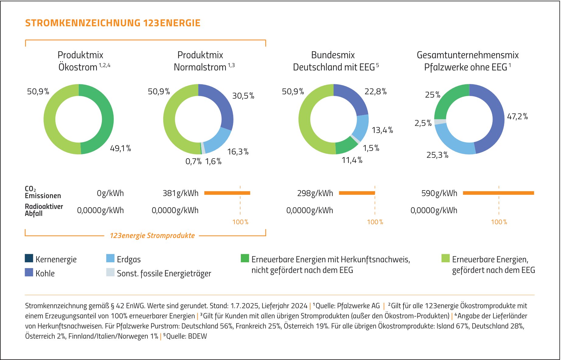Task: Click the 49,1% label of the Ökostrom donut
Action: [120, 149]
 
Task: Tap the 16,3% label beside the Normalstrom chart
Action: [238, 152]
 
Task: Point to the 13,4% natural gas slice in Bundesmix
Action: [361, 128]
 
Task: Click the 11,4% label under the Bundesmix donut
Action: [352, 160]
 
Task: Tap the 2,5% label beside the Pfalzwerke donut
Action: [423, 123]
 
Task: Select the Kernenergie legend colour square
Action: [29, 258]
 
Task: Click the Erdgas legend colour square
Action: [110, 258]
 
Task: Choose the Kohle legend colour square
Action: [29, 272]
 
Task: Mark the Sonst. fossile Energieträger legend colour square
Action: [110, 272]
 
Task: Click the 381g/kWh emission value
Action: [180, 193]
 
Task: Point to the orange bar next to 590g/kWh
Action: [498, 193]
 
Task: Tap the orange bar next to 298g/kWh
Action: [357, 193]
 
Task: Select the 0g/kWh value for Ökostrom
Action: [110, 193]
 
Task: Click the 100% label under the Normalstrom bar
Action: [240, 222]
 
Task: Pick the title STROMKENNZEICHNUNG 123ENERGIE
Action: [113, 23]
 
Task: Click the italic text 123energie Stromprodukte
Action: [152, 236]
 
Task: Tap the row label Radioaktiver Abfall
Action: [44, 210]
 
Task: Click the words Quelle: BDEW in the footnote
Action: [186, 336]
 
